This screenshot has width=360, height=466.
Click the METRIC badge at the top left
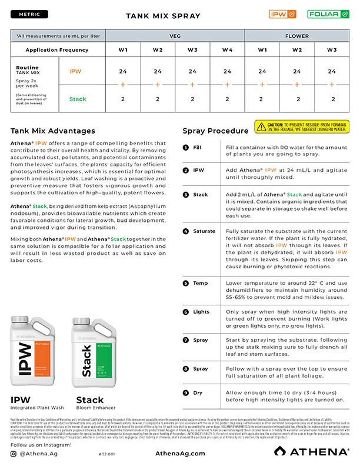tap(29, 14)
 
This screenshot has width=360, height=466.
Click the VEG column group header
tap(175, 36)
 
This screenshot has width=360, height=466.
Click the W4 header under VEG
tap(228, 50)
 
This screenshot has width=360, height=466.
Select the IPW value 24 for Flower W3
tap(332, 71)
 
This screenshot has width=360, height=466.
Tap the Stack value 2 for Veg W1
tap(123, 99)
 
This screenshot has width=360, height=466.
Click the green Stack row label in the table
tap(77, 99)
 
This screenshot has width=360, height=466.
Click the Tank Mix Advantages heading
tap(53, 131)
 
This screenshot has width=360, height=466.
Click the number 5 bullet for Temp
tap(186, 283)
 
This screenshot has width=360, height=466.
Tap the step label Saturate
tap(204, 231)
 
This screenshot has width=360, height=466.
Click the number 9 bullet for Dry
tap(186, 392)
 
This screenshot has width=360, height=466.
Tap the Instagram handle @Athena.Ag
tap(43, 454)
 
